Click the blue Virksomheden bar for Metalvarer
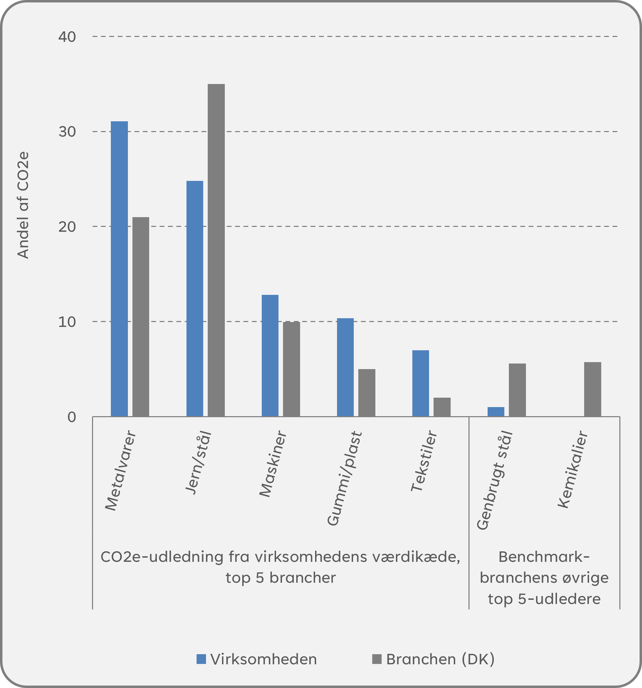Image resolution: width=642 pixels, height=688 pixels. [x=119, y=268]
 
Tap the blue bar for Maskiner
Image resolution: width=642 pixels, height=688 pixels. [x=270, y=356]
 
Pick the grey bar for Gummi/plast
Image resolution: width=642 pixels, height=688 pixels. [x=367, y=392]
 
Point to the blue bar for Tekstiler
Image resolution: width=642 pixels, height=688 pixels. [x=421, y=383]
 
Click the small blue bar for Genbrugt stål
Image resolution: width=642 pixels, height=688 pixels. [x=496, y=412]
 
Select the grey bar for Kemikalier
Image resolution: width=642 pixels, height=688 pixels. [x=593, y=389]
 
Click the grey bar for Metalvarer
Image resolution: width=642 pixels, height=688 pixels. [x=141, y=316]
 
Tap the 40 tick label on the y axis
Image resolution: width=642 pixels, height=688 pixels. [x=67, y=37]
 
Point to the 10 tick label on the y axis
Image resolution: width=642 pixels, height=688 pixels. [x=67, y=322]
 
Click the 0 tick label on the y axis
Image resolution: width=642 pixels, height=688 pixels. [x=71, y=417]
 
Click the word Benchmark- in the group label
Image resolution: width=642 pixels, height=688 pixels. [x=544, y=557]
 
